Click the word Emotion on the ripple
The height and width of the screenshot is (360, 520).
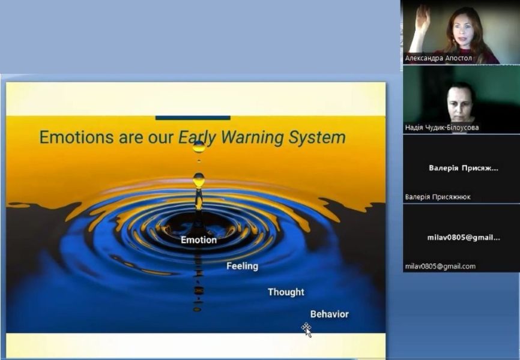(x=199, y=240)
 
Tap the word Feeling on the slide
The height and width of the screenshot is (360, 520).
(x=243, y=266)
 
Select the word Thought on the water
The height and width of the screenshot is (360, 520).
(x=286, y=292)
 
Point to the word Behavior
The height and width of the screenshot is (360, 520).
(x=329, y=314)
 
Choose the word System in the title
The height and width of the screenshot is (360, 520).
(x=318, y=138)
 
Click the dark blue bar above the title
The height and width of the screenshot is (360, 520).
(x=193, y=118)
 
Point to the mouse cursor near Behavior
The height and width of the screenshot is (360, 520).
(x=306, y=330)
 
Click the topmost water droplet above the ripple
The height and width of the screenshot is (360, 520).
(x=199, y=146)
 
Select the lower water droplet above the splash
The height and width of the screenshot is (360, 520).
(x=199, y=181)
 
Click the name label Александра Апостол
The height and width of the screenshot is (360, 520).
(x=438, y=58)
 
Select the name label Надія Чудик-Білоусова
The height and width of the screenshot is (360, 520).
(x=442, y=128)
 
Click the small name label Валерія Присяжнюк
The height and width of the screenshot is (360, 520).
(x=438, y=197)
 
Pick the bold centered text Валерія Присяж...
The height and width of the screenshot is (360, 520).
(x=464, y=168)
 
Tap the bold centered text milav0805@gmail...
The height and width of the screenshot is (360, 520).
(x=464, y=238)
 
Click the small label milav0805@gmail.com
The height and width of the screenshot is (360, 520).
(x=440, y=266)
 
